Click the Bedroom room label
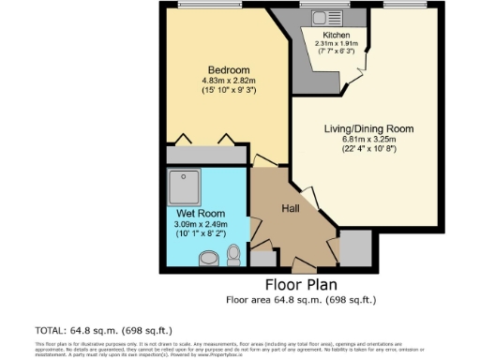click(228, 70)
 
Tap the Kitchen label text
click(336, 35)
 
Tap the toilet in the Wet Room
click(234, 254)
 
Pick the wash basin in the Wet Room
click(208, 256)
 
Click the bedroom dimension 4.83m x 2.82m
click(228, 81)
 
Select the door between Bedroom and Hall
click(264, 161)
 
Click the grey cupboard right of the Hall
click(355, 246)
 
